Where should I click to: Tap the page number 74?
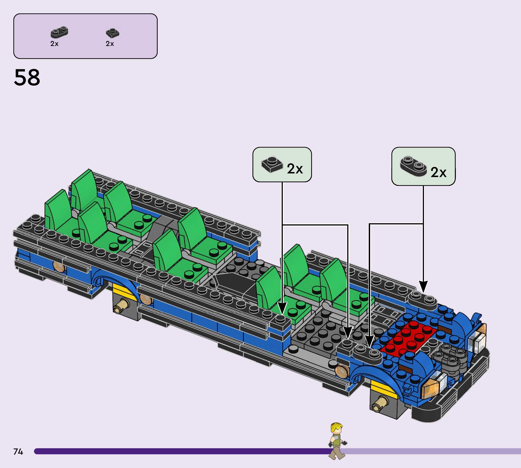(x=18, y=451)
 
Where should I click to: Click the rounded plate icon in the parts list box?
(x=59, y=32)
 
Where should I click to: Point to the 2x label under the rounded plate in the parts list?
(x=54, y=44)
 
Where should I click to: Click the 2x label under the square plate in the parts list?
(x=110, y=44)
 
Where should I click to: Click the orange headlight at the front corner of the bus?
(x=430, y=390)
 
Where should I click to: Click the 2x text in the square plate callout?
(x=295, y=169)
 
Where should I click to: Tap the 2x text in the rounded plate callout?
(x=438, y=172)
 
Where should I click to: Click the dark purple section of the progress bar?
(x=180, y=451)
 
